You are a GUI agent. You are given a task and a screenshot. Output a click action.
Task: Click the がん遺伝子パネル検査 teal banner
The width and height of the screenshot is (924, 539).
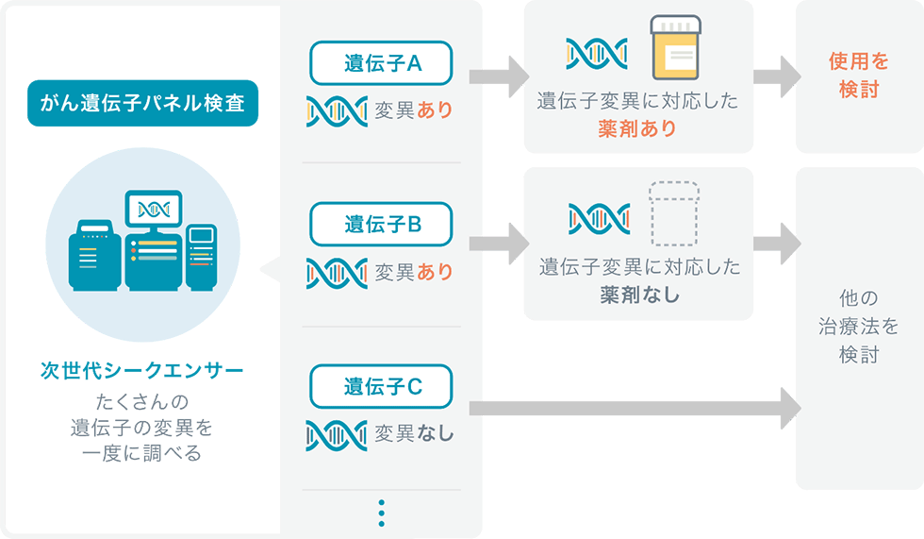[x=142, y=103]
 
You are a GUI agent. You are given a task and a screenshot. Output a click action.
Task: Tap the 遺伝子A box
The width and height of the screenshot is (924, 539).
[x=381, y=63]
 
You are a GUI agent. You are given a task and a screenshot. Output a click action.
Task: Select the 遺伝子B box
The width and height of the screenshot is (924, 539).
[x=381, y=224]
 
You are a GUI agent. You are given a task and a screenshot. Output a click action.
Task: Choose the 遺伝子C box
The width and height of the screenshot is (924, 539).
[x=381, y=386]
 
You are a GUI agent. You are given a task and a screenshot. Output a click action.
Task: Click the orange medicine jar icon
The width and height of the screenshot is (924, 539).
[x=675, y=48]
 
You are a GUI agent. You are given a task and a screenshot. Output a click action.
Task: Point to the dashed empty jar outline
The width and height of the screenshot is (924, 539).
[x=674, y=213]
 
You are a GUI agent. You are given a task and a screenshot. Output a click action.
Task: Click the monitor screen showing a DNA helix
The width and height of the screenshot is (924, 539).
[x=154, y=209]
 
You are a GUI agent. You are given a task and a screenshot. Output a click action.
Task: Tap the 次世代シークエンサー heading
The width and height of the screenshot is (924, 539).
[x=142, y=370]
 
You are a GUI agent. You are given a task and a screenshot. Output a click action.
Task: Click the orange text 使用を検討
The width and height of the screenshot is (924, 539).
[x=859, y=75]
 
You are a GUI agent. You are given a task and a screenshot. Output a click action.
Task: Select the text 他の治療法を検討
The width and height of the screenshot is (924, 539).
[x=859, y=326]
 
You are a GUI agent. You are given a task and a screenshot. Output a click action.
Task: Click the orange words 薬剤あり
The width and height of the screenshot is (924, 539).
[x=637, y=128]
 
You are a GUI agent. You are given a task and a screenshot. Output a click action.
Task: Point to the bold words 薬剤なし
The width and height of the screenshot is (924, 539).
[x=639, y=295]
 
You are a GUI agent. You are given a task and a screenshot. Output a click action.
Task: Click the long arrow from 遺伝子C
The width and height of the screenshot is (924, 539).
[x=635, y=408]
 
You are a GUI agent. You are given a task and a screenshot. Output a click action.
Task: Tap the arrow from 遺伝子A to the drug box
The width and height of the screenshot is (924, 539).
[x=499, y=76]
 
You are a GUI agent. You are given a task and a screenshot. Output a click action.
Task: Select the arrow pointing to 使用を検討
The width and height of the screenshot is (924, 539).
[x=777, y=76]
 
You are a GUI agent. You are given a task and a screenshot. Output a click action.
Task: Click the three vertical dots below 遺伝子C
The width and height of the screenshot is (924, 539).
[x=382, y=514]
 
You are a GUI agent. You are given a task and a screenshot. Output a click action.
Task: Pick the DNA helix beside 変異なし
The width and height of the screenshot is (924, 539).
[x=337, y=435]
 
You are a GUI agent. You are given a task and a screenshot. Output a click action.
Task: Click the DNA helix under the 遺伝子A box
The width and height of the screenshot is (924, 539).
[x=337, y=111]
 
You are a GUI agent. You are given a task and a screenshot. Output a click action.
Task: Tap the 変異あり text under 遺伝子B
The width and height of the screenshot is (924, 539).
[x=414, y=272]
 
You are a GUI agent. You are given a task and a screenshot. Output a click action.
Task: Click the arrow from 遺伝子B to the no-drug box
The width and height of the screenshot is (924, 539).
[x=499, y=243]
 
